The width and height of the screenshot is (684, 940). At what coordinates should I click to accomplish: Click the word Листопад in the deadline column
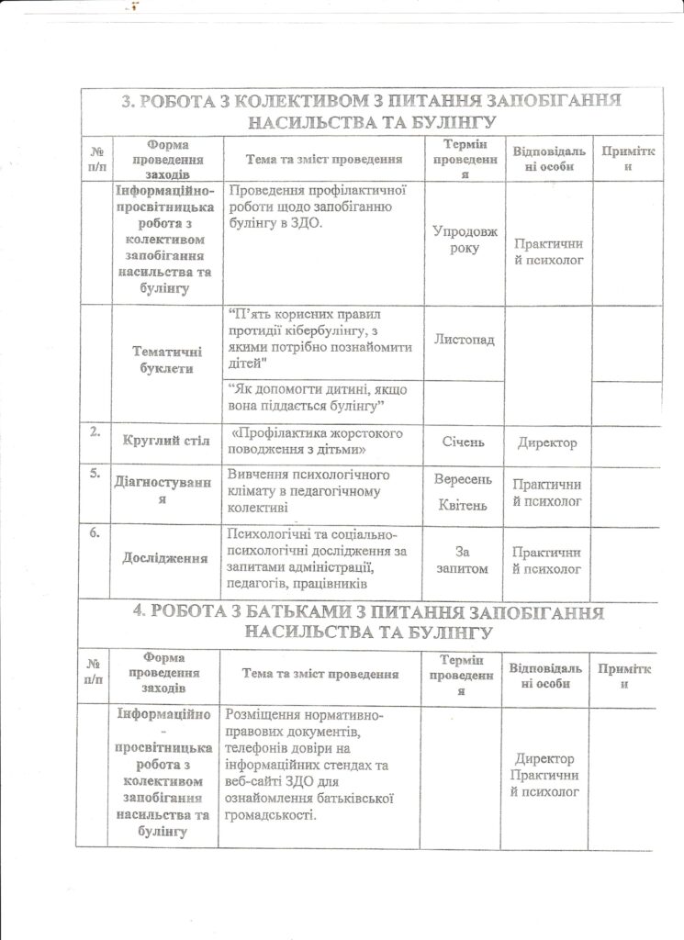click(x=464, y=341)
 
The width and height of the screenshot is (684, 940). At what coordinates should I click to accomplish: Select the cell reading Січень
click(x=464, y=442)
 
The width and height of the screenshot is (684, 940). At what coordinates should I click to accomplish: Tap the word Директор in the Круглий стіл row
click(x=547, y=442)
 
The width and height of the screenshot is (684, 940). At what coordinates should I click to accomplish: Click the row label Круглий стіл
click(x=166, y=442)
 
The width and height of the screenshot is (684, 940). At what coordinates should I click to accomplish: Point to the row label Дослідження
click(x=165, y=558)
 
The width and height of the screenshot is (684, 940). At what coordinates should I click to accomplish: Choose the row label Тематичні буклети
click(x=166, y=360)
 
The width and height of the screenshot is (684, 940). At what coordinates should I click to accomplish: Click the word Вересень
click(x=464, y=480)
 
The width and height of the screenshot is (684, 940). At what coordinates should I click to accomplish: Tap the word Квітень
click(x=464, y=506)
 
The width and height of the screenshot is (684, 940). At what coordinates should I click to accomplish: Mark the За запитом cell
click(x=464, y=560)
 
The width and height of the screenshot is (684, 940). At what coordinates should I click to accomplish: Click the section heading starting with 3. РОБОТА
click(x=371, y=111)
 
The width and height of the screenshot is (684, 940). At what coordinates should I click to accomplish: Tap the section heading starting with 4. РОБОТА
click(x=371, y=622)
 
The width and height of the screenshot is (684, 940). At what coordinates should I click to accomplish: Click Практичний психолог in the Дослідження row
click(x=547, y=560)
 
